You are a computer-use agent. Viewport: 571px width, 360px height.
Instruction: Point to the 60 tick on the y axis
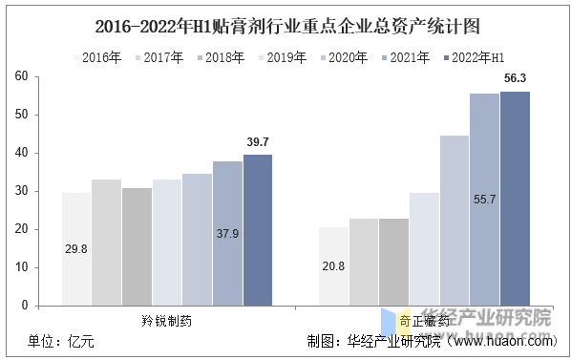pos(24,76)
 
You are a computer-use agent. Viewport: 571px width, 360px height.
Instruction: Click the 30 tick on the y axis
pos(24,191)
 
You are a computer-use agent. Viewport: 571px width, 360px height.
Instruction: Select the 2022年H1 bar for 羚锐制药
pos(258,230)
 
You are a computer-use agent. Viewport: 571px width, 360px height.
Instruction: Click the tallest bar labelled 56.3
pos(516,199)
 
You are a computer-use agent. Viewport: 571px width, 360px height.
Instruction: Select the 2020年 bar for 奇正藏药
pos(455,221)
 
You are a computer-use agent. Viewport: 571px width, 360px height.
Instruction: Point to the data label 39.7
pos(258,142)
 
